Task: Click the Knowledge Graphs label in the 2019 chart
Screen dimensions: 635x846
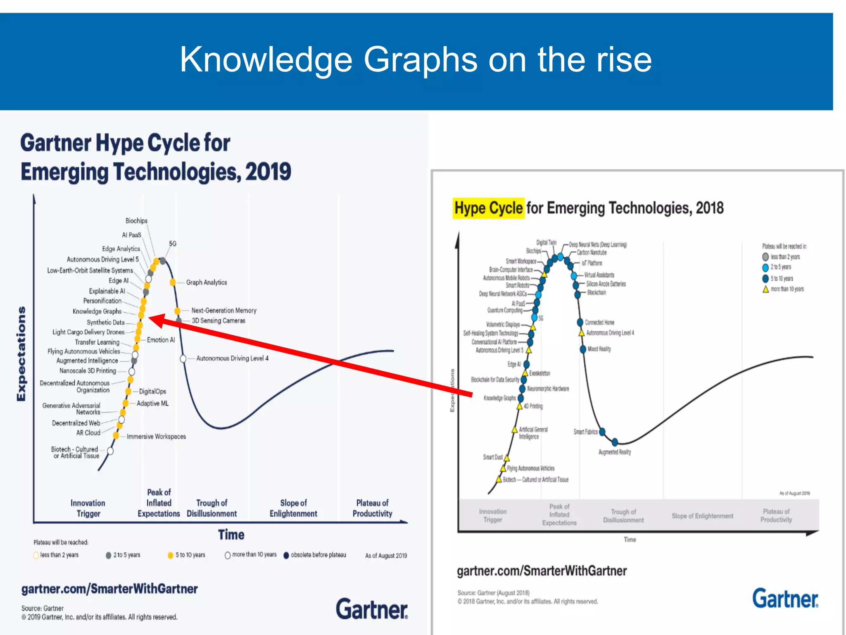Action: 97,311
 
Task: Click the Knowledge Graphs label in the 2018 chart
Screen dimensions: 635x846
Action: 500,398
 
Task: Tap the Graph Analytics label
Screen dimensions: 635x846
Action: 207,282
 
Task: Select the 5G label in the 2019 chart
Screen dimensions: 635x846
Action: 173,244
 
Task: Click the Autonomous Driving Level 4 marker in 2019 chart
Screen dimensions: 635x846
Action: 183,358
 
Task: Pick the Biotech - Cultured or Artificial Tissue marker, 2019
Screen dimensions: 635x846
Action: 110,451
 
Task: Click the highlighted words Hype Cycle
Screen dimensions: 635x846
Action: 489,208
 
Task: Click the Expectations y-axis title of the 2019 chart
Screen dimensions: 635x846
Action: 21,353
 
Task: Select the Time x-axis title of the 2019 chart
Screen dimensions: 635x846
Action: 231,535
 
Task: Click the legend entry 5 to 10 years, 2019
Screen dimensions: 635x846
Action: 190,555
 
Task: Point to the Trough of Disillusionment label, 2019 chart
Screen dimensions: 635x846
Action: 212,508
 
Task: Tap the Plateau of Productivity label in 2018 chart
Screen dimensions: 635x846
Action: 776,516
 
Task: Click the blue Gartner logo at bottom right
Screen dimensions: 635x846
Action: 785,599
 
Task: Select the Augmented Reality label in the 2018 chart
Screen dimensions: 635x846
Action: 615,452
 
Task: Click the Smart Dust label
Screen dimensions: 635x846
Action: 493,457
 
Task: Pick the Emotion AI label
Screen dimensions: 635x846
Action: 161,340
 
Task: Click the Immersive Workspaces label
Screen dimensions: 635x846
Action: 156,437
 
